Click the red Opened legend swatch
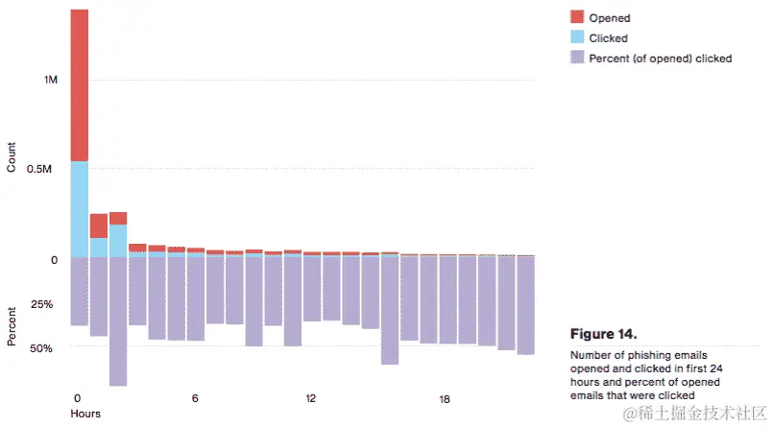(x=576, y=17)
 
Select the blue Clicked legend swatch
(x=576, y=38)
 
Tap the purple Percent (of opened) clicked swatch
(x=576, y=59)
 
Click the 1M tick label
(x=51, y=80)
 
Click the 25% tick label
(x=41, y=304)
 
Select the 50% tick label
(x=41, y=348)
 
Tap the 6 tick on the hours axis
(x=195, y=398)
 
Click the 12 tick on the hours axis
(x=311, y=398)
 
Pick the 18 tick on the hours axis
(x=445, y=398)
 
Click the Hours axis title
(x=85, y=414)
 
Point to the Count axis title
(x=12, y=156)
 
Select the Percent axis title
(x=12, y=327)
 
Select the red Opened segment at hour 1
(x=99, y=226)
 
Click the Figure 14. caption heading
(x=603, y=335)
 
